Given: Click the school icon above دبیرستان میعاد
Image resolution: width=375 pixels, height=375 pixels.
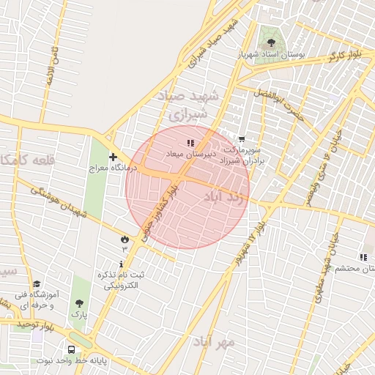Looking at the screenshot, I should tap(190, 142).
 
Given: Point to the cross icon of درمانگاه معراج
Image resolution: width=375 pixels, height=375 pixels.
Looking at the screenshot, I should tap(113, 157).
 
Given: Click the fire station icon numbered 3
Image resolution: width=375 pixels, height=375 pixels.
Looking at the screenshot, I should tap(124, 239).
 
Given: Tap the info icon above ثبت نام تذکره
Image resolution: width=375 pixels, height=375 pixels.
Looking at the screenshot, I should tap(122, 264).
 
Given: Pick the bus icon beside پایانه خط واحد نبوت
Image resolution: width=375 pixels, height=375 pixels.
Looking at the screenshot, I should tap(72, 349).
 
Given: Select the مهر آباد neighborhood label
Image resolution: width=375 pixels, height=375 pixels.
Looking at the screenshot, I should tap(215, 342).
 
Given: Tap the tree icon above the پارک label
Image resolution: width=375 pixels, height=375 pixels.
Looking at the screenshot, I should tap(78, 302).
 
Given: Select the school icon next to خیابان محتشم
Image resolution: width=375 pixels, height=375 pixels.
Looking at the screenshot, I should tap(363, 257).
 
